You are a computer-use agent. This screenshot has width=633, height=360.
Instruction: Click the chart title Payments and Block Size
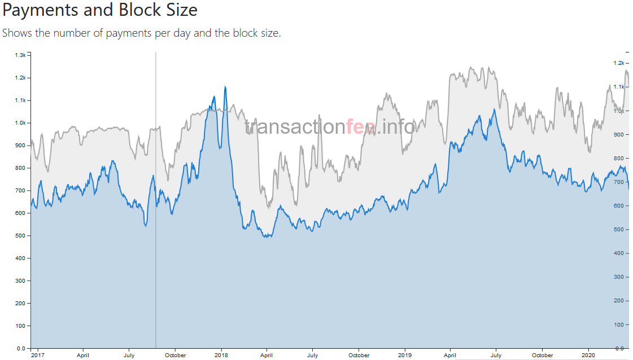click(100, 10)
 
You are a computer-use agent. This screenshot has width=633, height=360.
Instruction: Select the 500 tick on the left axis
click(20, 235)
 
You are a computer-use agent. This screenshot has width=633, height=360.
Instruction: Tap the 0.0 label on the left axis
click(20, 348)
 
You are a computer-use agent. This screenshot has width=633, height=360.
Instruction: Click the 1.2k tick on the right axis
click(618, 63)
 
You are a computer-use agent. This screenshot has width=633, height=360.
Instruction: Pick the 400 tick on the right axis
click(619, 253)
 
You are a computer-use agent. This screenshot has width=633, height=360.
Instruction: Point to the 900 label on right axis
click(619, 134)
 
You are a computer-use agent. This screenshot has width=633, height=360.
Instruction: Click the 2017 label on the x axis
click(38, 355)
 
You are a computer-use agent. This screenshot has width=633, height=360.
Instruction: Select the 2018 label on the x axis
click(221, 355)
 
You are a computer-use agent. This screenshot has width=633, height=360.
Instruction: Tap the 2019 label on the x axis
click(405, 355)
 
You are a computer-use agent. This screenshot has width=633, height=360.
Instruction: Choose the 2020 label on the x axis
click(588, 355)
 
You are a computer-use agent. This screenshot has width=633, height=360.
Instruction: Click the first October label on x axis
click(176, 355)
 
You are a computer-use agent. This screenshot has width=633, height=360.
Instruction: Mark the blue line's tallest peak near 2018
click(225, 87)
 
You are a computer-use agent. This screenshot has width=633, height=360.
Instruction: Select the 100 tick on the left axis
click(20, 326)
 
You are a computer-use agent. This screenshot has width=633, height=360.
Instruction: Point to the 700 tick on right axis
click(619, 182)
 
